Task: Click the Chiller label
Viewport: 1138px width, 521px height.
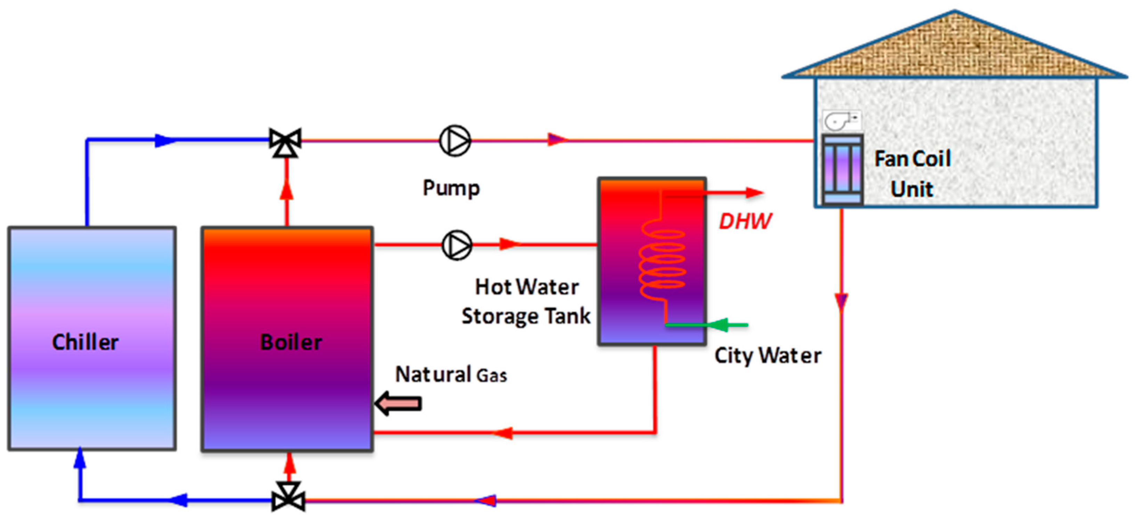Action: point(85,342)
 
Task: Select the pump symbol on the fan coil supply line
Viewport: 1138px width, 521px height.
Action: point(455,141)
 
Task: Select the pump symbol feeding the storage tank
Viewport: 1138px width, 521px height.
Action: point(457,245)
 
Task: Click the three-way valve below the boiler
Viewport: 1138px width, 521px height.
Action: point(288,497)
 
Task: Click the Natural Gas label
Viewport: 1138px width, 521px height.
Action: point(450,375)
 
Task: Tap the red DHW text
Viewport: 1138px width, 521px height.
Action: point(745,221)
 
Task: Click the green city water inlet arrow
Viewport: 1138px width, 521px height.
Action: point(724,325)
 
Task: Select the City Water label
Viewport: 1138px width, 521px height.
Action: point(768,355)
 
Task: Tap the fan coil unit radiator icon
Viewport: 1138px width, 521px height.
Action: point(842,170)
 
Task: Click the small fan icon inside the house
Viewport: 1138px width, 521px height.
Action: point(841,120)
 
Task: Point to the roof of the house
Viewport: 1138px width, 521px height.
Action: point(954,49)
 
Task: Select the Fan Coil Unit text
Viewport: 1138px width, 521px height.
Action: point(912,174)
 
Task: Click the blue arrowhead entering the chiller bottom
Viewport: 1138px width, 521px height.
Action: point(80,457)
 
